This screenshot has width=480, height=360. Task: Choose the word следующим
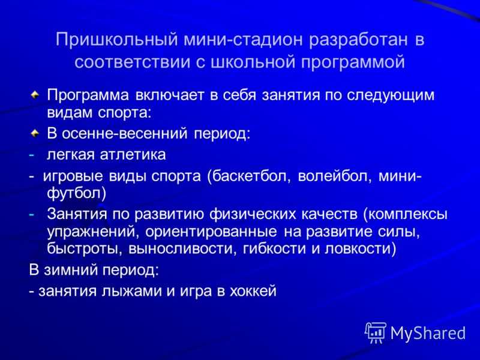coord(391,96)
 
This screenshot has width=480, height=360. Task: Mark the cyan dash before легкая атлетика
coord(32,155)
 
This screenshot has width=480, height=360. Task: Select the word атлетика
coord(133,155)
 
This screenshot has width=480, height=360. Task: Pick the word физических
coord(253,214)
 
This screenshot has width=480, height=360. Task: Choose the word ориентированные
coord(211,232)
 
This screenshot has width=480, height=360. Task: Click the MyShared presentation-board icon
coord(376,332)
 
